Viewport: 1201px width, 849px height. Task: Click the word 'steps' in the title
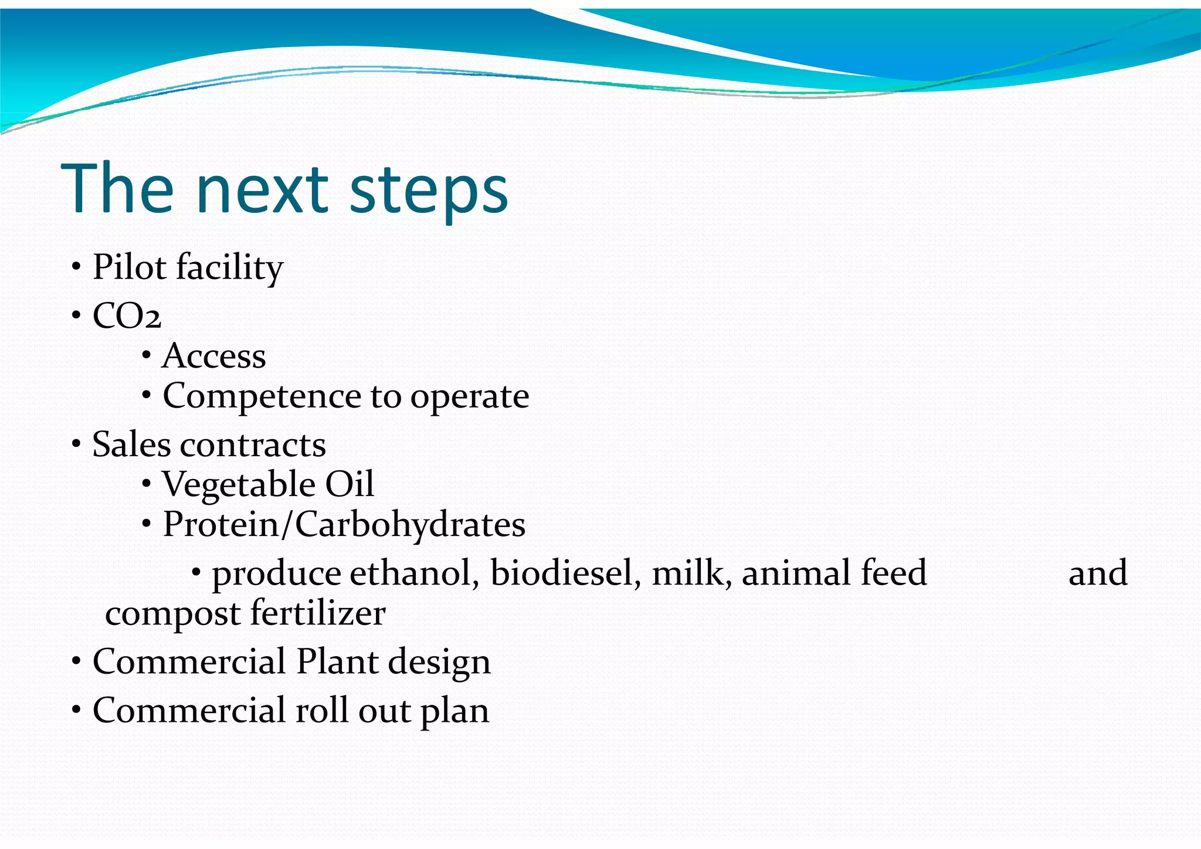(428, 191)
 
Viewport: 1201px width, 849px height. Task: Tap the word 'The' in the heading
(117, 189)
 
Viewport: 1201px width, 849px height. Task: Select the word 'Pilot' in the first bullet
(130, 267)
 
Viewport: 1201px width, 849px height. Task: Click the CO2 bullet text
(127, 317)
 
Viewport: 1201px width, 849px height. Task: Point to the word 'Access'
(214, 356)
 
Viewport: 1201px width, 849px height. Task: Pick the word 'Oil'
(350, 484)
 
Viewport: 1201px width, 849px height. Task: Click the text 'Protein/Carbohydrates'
(344, 524)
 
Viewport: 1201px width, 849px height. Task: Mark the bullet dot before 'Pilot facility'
(76, 268)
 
